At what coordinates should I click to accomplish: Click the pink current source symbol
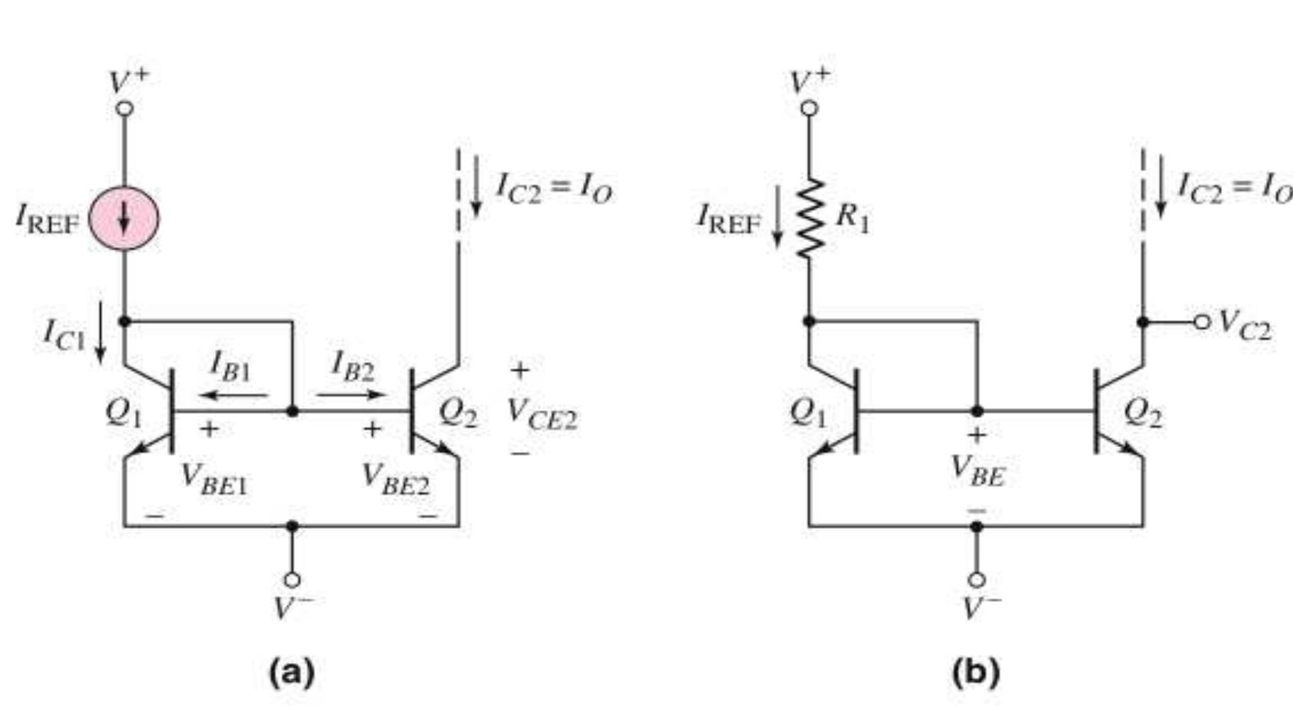click(x=124, y=219)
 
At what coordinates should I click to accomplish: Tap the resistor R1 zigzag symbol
click(x=809, y=219)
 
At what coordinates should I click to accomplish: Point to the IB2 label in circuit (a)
click(x=353, y=366)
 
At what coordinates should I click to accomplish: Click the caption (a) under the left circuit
click(x=291, y=671)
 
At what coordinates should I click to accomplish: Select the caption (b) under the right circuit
click(x=976, y=671)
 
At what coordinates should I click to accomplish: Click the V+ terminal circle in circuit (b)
click(x=809, y=109)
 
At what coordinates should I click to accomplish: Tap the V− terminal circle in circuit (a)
click(x=292, y=580)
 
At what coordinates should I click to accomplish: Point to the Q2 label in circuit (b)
click(x=1143, y=413)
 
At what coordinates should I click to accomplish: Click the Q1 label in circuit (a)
click(x=123, y=413)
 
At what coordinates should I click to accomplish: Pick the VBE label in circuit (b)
click(x=978, y=471)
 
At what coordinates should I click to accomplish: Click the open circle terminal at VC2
click(x=1201, y=322)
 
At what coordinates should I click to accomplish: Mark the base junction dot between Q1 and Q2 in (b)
click(x=977, y=411)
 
